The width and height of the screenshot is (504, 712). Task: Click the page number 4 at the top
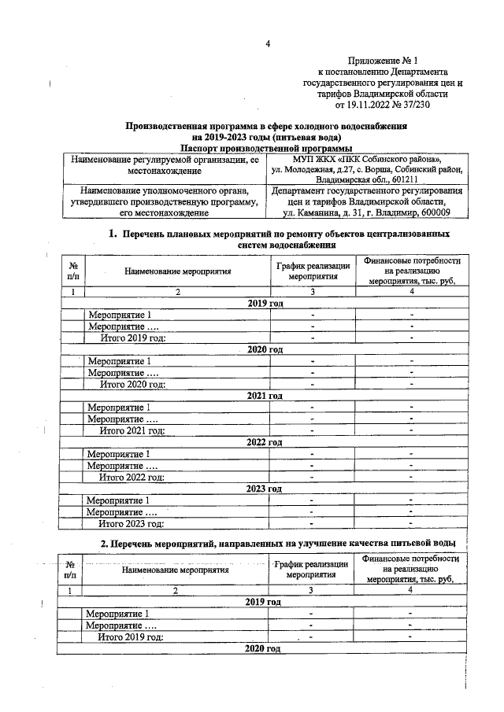[x=267, y=43]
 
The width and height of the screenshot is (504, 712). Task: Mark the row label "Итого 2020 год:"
[x=132, y=384]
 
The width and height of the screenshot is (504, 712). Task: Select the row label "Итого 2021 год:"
[x=132, y=430]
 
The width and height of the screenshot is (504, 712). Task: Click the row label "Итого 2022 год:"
[x=132, y=477]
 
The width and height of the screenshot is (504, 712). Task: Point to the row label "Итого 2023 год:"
[x=132, y=523]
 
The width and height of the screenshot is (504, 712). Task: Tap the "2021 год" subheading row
[x=265, y=396]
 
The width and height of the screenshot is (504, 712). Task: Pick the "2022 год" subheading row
[x=265, y=442]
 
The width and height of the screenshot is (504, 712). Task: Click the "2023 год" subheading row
[x=265, y=489]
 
